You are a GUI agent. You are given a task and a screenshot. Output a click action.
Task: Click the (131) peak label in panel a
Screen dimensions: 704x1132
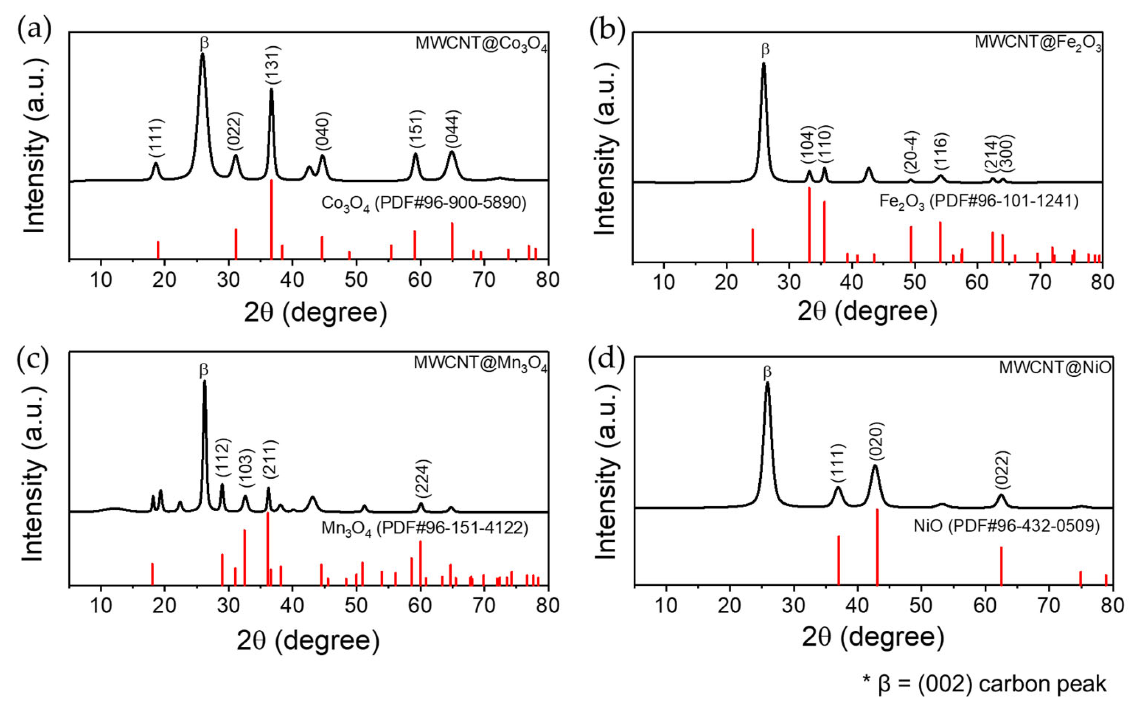pyautogui.click(x=273, y=66)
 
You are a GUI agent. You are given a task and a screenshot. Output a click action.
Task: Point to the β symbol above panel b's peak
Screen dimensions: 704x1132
pyautogui.click(x=765, y=49)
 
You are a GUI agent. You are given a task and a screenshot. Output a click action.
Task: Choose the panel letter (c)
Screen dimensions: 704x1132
pyautogui.click(x=33, y=360)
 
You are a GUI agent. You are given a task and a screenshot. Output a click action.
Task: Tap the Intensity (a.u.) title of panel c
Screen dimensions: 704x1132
pyautogui.click(x=34, y=479)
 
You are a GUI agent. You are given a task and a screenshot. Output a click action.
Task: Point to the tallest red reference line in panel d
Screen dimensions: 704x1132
pyautogui.click(x=877, y=547)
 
